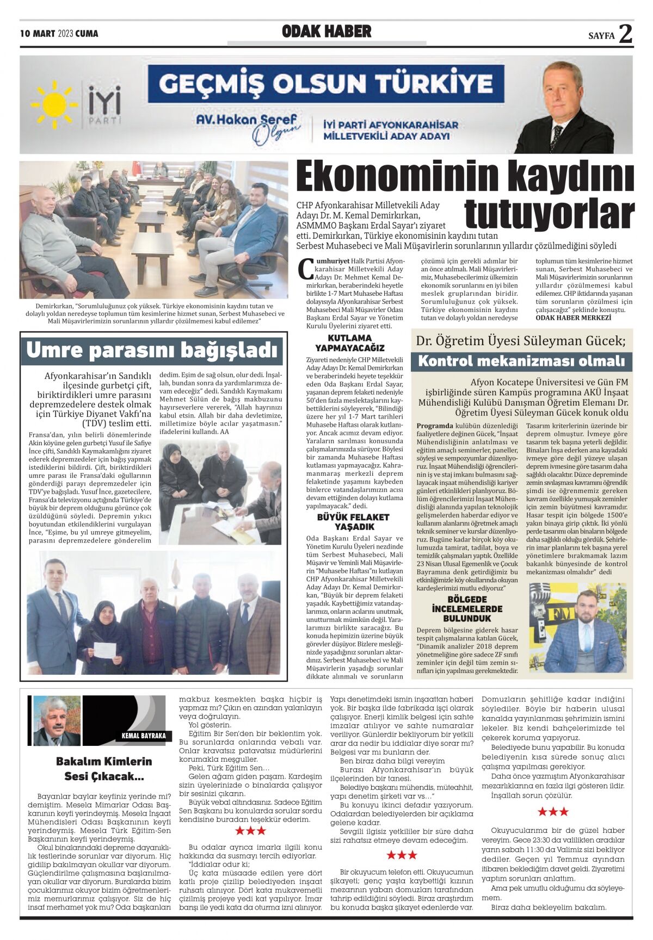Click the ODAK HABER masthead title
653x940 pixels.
click(x=326, y=32)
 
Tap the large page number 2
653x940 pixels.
click(x=626, y=34)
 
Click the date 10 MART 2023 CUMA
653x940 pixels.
click(x=59, y=34)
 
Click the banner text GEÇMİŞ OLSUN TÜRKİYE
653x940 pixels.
click(x=326, y=84)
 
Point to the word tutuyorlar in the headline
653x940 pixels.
click(x=549, y=215)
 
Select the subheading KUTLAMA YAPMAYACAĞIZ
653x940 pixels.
click(x=350, y=343)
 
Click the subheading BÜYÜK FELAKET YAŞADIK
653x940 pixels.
click(x=353, y=522)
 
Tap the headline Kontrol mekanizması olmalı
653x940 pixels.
click(x=521, y=361)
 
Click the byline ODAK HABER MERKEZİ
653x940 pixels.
click(x=573, y=318)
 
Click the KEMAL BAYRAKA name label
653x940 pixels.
click(x=143, y=736)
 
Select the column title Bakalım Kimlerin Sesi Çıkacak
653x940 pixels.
click(x=104, y=768)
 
